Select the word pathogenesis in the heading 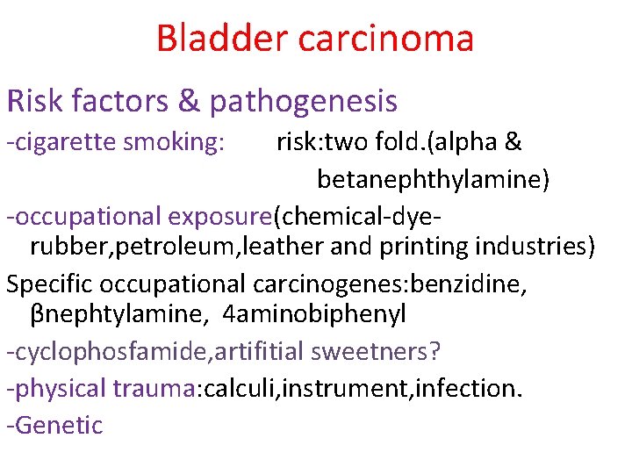pyautogui.click(x=303, y=102)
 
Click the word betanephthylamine pyautogui.click(x=434, y=179)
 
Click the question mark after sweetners pyautogui.click(x=436, y=351)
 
